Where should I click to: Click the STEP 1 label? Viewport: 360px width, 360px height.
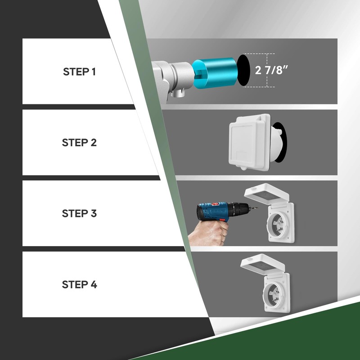[x=79, y=72]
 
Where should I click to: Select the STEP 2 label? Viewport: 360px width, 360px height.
[x=79, y=143]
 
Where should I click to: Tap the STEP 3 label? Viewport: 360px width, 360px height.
[x=79, y=213]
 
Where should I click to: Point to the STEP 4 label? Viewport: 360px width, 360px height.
[x=80, y=284]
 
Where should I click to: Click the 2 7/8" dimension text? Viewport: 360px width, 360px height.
[x=271, y=70]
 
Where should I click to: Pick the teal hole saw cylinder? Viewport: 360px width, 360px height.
[x=215, y=73]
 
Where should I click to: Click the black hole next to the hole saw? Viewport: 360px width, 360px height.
[x=243, y=70]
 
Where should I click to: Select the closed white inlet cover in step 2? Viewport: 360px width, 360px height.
[x=249, y=142]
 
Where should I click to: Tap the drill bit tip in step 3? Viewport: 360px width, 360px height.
[x=256, y=208]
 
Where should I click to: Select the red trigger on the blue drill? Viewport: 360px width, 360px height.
[x=222, y=220]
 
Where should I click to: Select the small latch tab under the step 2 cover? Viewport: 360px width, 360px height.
[x=243, y=169]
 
